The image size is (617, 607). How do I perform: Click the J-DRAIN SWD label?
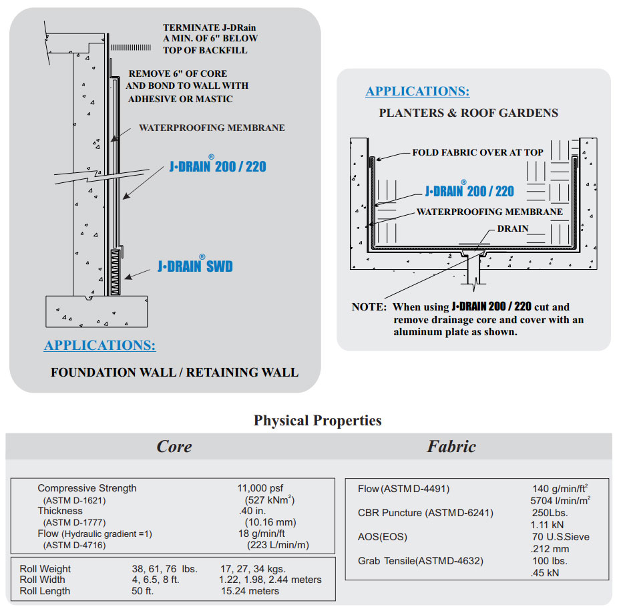pos(195,266)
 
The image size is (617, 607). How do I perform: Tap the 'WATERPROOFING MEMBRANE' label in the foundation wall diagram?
pos(212,128)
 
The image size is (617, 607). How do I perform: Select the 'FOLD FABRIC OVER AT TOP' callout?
pos(477,152)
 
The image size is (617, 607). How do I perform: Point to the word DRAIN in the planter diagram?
pos(513,228)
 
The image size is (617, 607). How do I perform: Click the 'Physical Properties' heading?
pos(318,420)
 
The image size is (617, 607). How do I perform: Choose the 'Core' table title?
pos(174,446)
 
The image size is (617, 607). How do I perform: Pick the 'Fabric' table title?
pos(451,446)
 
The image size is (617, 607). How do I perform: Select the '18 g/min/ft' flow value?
pos(262,534)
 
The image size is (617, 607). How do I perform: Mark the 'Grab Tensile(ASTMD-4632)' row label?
pos(421,561)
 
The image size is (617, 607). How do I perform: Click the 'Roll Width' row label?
pos(43,580)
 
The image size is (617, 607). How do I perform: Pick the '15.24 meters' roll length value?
pos(250,591)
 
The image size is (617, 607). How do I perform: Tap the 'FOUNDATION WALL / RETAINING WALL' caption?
pos(174,372)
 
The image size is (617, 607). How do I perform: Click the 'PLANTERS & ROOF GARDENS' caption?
pos(469,113)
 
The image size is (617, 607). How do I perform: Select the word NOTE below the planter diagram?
pos(368,308)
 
